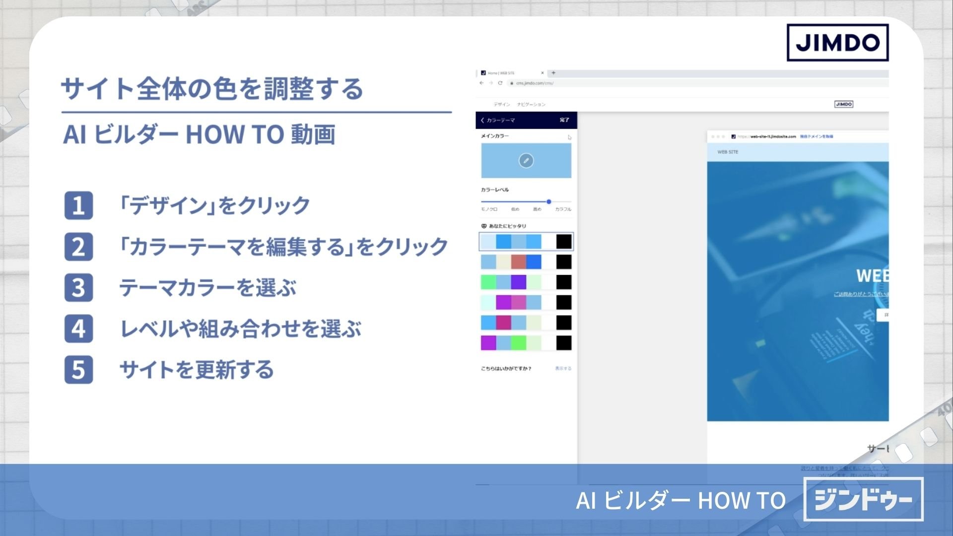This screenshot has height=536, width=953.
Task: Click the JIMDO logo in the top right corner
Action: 837,43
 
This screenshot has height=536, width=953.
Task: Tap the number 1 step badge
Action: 78,205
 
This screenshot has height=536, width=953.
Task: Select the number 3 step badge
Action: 78,287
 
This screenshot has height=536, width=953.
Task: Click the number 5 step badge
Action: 78,370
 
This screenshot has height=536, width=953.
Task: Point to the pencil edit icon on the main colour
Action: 526,160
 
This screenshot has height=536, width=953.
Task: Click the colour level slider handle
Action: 549,201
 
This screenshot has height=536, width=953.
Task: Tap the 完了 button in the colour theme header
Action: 564,120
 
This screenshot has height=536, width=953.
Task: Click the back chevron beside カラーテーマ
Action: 482,120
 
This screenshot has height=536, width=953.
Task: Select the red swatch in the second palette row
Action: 518,262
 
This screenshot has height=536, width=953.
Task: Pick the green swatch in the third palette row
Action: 488,282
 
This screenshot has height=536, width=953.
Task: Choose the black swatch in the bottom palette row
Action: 563,342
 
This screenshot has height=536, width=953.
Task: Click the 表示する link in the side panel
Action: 563,368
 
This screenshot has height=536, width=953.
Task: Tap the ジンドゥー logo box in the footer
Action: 863,499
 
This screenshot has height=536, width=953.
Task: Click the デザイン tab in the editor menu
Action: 502,104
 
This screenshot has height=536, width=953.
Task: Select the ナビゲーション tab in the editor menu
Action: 531,104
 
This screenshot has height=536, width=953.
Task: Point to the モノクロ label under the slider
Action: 489,209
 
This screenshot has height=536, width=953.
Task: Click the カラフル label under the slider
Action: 563,209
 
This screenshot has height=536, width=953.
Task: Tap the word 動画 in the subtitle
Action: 313,134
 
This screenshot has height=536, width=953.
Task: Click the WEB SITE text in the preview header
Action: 728,152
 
